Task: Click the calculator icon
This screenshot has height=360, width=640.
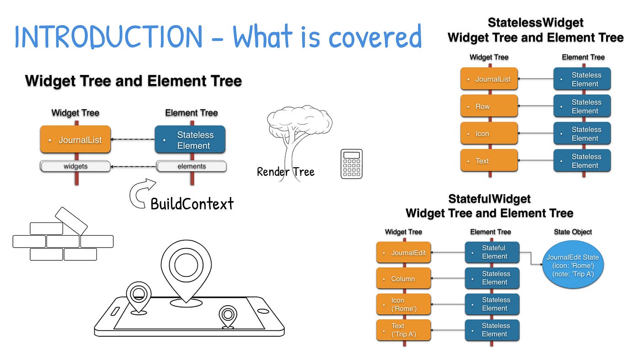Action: [x=352, y=164]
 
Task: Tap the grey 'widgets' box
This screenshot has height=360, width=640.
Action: [x=75, y=166]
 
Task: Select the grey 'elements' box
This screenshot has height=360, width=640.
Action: [x=192, y=166]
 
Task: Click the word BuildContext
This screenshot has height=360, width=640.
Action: [x=192, y=204]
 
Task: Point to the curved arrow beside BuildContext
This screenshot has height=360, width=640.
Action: [x=134, y=192]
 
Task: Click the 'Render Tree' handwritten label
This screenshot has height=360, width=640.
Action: [x=285, y=172]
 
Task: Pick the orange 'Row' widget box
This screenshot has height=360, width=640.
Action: [x=489, y=106]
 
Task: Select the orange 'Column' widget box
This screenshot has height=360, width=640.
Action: [x=403, y=278]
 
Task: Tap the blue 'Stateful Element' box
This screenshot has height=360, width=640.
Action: [x=492, y=252]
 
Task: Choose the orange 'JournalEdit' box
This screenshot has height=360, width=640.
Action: [x=403, y=252]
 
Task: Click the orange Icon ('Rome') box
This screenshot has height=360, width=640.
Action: [x=403, y=304]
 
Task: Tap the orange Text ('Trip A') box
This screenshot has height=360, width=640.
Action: [x=403, y=330]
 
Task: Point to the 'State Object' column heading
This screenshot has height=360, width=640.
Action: [x=573, y=232]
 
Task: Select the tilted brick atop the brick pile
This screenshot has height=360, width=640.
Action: [x=71, y=221]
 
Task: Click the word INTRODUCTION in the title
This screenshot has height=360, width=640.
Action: [x=109, y=37]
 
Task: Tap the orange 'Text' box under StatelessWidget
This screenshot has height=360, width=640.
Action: [x=489, y=160]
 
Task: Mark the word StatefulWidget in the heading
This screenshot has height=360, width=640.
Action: [x=489, y=199]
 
